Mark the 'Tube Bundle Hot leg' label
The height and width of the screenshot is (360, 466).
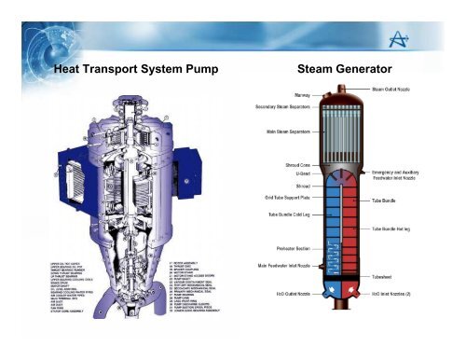(402, 228)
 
